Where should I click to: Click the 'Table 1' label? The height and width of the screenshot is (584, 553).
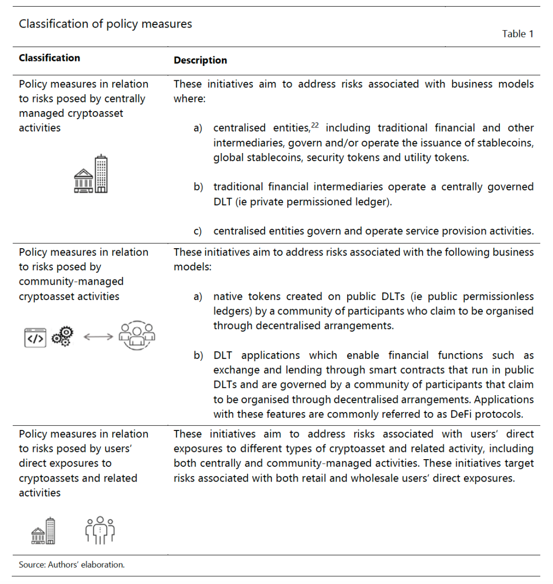coord(518,34)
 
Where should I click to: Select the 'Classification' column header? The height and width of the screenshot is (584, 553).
coord(50,58)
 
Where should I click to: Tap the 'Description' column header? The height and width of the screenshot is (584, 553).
coord(200,60)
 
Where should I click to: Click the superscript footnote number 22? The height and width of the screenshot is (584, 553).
coord(315,125)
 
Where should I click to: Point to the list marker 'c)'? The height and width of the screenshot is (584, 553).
coord(198,231)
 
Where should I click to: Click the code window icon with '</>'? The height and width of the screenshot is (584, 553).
coord(35,338)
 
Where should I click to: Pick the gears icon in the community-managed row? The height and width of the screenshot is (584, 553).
coord(62,336)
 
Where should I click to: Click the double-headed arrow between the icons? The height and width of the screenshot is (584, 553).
coord(98,337)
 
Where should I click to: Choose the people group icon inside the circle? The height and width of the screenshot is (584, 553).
coord(137,335)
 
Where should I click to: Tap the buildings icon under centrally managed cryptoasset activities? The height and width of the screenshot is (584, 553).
coord(91,174)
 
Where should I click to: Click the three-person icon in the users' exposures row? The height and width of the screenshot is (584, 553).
coord(100,530)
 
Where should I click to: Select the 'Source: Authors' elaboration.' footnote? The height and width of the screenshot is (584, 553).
coord(72,565)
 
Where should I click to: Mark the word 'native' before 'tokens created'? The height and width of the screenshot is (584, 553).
coord(228,296)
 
